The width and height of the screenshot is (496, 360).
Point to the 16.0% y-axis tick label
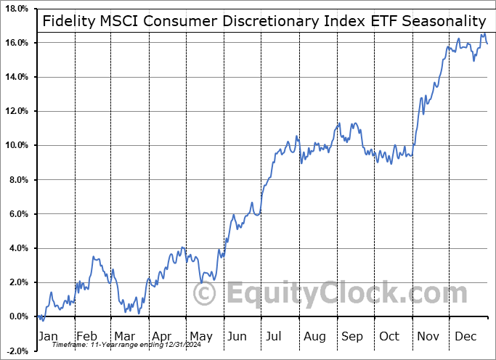click(16, 43)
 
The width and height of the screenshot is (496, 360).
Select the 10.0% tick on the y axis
click(16, 145)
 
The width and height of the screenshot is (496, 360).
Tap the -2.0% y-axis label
click(16, 351)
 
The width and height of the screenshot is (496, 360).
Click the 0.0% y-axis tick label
click(18, 316)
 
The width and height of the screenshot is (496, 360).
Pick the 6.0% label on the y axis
click(18, 214)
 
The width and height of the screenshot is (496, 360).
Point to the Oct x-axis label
click(390, 337)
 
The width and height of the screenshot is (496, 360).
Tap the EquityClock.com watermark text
click(345, 294)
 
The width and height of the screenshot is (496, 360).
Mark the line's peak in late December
click(482, 34)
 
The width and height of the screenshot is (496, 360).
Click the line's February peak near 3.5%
click(94, 257)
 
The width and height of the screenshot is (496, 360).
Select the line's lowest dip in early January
click(42, 320)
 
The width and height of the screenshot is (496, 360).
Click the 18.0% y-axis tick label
click(16, 9)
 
